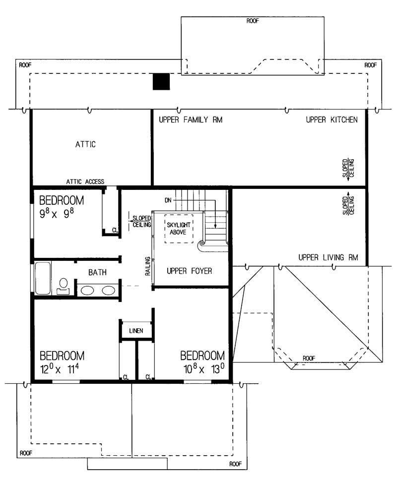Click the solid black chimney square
pos(161,82)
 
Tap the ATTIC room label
pos(85,145)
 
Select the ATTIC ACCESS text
pos(85,181)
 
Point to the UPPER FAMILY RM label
pos(190,120)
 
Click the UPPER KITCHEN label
pos(331,120)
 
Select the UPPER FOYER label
pos(190,271)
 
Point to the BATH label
pos(97,272)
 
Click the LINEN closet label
pos(136,330)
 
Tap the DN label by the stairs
pos(169,200)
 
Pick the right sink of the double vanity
pos(108,290)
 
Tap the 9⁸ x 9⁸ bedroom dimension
pos(61,214)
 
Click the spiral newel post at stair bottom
pos(202,244)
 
